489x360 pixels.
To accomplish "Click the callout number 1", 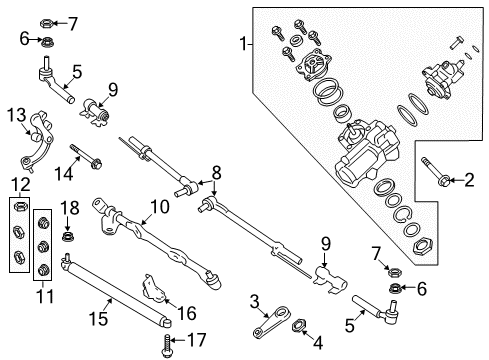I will (x=239, y=43).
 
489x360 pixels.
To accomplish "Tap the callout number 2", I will (x=469, y=180).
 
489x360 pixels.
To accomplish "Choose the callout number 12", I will (x=14, y=186).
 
